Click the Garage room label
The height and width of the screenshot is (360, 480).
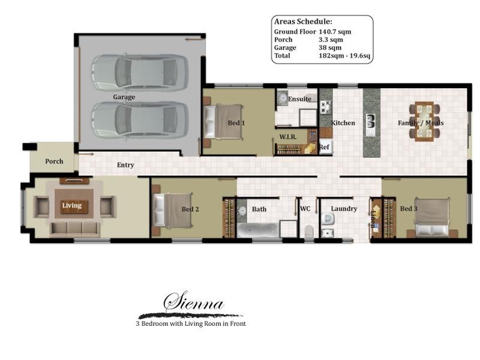[x=124, y=97]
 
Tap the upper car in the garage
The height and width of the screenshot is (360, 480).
[x=139, y=73]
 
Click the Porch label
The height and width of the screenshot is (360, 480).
[x=54, y=161]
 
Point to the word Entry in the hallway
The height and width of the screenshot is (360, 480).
[x=125, y=165]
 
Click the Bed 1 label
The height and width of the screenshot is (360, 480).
[x=236, y=123]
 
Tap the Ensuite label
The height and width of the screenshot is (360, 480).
[x=299, y=99]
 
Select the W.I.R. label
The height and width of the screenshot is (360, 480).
[x=288, y=137]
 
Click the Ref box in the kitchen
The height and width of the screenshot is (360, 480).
[x=325, y=146]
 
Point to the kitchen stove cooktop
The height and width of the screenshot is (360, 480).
[x=326, y=107]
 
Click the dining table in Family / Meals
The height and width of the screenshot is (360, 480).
[x=424, y=122]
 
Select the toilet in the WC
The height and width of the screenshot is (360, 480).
[x=309, y=231]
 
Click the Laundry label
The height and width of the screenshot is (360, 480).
[x=344, y=209]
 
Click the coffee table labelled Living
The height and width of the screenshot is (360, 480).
[x=72, y=206]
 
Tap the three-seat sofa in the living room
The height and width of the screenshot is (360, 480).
[x=74, y=228]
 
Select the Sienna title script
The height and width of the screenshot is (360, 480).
[x=194, y=304]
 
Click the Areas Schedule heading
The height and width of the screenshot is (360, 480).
[x=302, y=21]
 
